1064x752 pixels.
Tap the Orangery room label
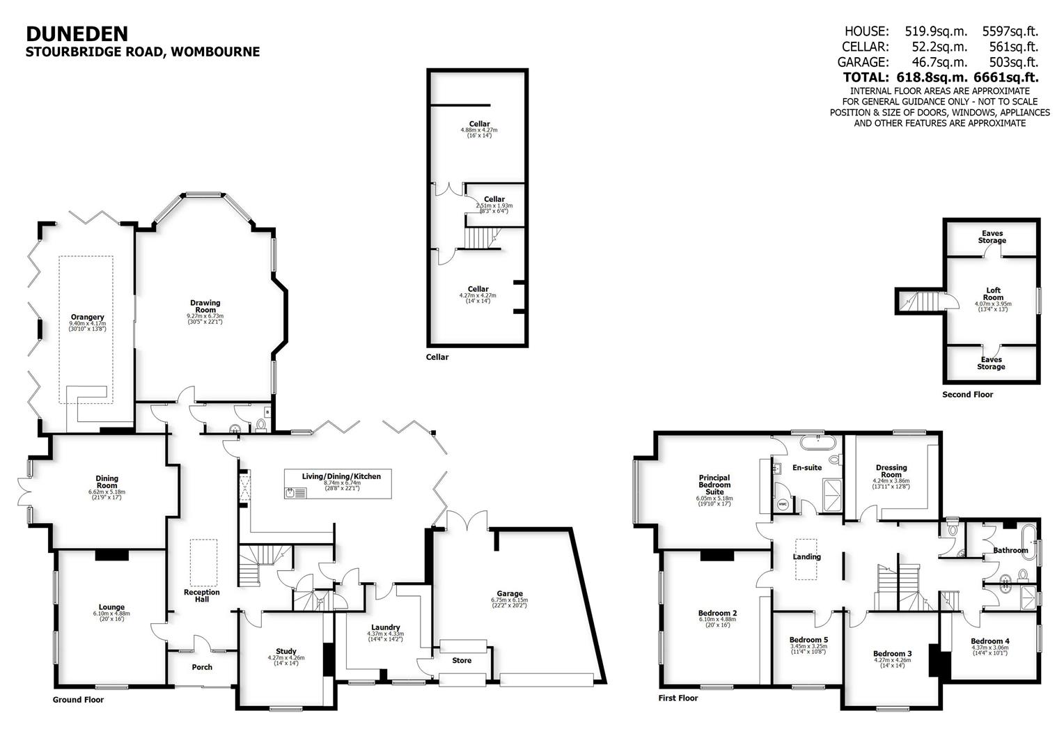point(87,317)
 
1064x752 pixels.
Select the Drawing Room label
point(205,306)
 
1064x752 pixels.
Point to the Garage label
point(510,594)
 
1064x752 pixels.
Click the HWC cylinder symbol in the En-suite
point(782,504)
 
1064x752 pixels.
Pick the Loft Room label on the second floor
point(993,294)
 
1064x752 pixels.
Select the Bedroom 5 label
point(808,640)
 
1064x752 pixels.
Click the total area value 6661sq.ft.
point(1010,77)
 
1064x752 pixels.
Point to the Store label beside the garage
point(462,661)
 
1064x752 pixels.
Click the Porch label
point(202,667)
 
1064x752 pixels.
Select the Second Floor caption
point(967,395)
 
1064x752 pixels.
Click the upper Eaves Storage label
point(992,237)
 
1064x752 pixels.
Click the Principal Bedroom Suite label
point(714,485)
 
